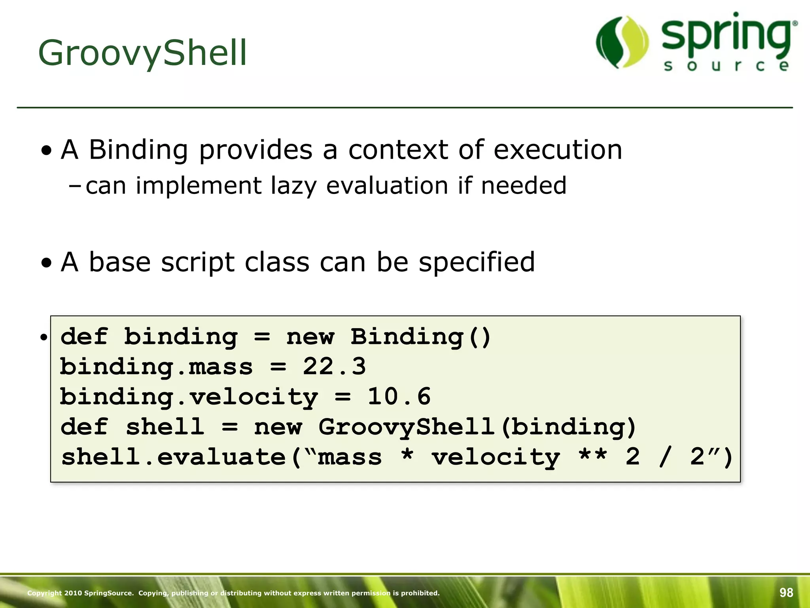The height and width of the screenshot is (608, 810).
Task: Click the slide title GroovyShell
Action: [x=142, y=53]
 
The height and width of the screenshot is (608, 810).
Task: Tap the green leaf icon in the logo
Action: [x=622, y=42]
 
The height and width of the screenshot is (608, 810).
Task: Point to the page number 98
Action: [x=786, y=592]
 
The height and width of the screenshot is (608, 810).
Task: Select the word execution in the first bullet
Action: [x=558, y=150]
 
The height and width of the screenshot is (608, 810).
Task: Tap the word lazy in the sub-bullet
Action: [x=293, y=186]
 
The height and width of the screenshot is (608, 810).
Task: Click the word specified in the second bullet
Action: [x=477, y=262]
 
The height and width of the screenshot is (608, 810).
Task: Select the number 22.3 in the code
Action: [x=334, y=367]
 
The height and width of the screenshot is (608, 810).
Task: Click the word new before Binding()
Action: [x=310, y=337]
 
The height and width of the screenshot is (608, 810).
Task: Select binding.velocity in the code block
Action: [x=189, y=397]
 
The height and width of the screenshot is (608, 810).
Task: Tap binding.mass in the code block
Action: [x=156, y=367]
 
